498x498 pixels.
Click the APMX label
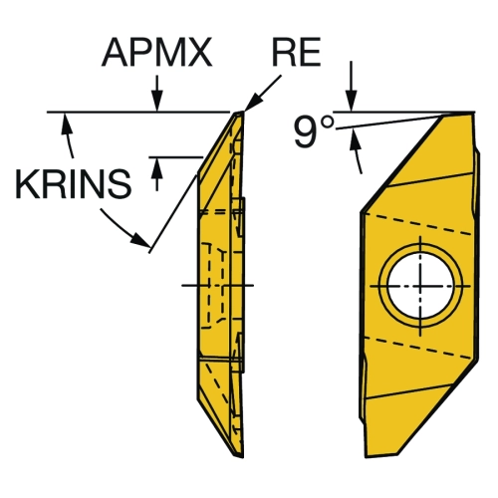[x=156, y=53]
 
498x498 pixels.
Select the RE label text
[x=296, y=52]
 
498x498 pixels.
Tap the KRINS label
[x=73, y=184]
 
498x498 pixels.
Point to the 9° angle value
[x=314, y=131]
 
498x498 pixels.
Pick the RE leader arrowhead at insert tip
[x=252, y=103]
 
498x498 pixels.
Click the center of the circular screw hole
[x=420, y=286]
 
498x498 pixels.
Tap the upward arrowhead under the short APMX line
[x=157, y=167]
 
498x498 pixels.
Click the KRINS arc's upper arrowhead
[x=66, y=124]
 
